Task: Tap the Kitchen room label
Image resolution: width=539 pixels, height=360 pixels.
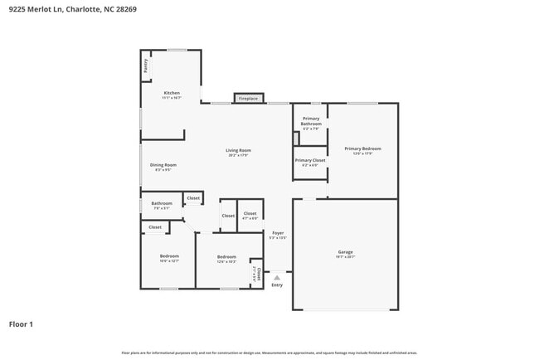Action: [172, 93]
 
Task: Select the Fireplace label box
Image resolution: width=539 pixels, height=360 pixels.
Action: [249, 99]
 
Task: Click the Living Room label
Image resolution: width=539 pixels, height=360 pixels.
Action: [238, 151]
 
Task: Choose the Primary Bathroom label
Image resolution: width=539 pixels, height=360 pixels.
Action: [311, 121]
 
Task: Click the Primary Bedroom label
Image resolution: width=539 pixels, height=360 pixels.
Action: [363, 149]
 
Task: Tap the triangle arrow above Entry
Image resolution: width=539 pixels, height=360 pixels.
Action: [277, 277]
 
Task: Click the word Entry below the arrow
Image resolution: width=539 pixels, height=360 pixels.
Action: [277, 285]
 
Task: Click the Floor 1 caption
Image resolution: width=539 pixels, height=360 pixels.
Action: [21, 324]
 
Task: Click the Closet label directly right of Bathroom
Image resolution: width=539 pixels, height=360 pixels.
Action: [192, 198]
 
